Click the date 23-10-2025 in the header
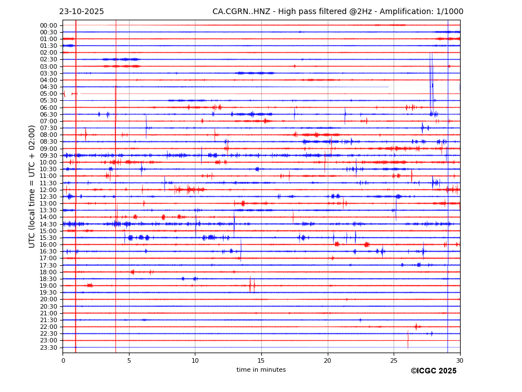[81, 12]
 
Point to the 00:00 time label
[48, 25]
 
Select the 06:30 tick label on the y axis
[48, 114]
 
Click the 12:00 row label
[48, 190]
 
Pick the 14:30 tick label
[48, 224]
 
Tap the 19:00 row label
[48, 286]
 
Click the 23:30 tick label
[48, 348]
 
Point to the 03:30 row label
[48, 73]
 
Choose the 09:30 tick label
[48, 155]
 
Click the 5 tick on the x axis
[129, 360]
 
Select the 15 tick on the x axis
[261, 360]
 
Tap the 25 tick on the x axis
[394, 360]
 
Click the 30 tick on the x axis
[459, 360]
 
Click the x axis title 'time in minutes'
[261, 370]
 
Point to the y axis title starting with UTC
[32, 186]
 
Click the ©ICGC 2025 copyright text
[433, 371]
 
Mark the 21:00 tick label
[48, 313]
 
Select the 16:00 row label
[48, 244]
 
